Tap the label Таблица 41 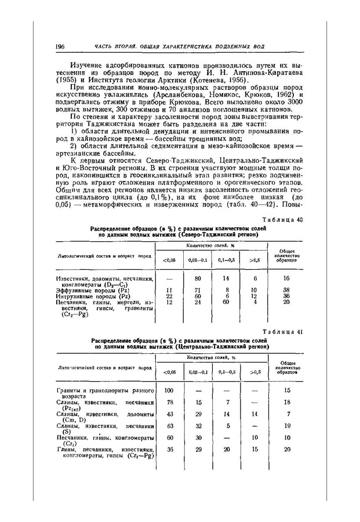coord(286,332)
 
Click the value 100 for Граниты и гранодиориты coord(170,390)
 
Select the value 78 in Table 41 coord(170,401)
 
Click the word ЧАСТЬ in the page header coord(107,46)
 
